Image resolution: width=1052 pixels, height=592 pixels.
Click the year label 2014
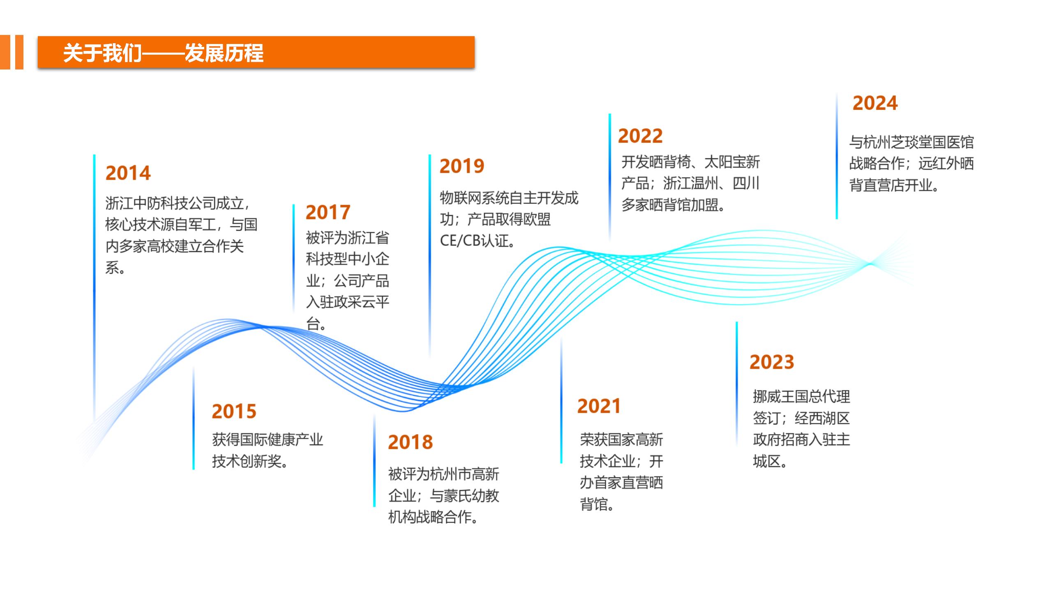tap(128, 173)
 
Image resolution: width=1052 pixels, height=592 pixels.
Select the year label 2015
tap(234, 411)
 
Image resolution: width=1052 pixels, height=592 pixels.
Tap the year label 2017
tap(328, 213)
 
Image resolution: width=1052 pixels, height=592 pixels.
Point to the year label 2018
tap(411, 442)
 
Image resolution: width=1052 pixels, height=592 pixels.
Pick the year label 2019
tap(462, 166)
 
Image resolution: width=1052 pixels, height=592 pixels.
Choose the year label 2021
tap(599, 406)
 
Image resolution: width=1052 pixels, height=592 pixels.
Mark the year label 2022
tap(641, 136)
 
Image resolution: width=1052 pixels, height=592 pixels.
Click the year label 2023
tap(772, 362)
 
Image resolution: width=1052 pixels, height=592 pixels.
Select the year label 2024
tap(875, 103)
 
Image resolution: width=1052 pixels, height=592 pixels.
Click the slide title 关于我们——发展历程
tap(163, 53)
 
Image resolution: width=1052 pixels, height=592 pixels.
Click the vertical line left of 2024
tap(837, 156)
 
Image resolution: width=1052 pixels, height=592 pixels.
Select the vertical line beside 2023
tap(736, 384)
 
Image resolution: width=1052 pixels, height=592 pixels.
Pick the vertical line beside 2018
tap(374, 460)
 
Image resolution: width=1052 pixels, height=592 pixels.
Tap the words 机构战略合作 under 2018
tap(430, 517)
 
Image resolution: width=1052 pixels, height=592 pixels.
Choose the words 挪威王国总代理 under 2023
tap(801, 397)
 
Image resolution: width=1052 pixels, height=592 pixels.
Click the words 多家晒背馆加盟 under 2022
tap(670, 205)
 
